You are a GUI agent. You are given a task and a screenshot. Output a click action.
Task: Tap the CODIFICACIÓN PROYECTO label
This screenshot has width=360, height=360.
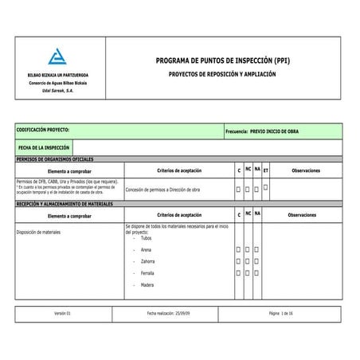pos(43,128)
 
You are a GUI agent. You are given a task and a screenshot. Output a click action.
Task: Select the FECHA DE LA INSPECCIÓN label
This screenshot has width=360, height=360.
pos(45,147)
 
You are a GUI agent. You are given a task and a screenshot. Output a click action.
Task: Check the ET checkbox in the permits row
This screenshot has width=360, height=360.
pos(265,187)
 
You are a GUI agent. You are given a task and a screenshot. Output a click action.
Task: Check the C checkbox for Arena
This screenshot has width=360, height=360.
pos(238,250)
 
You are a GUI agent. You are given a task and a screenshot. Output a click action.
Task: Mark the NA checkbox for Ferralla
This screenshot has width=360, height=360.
pos(256,272)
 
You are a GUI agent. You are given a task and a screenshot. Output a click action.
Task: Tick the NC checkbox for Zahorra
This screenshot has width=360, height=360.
pos(248,261)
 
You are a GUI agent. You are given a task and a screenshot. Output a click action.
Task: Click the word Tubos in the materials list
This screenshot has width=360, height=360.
pos(146,238)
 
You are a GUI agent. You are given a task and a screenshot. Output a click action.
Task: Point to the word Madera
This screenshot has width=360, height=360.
pos(147,284)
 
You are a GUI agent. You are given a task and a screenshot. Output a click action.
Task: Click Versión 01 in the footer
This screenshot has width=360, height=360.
pos(63,315)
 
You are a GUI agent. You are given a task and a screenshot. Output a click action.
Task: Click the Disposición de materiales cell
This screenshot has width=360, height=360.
pos(38,232)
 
